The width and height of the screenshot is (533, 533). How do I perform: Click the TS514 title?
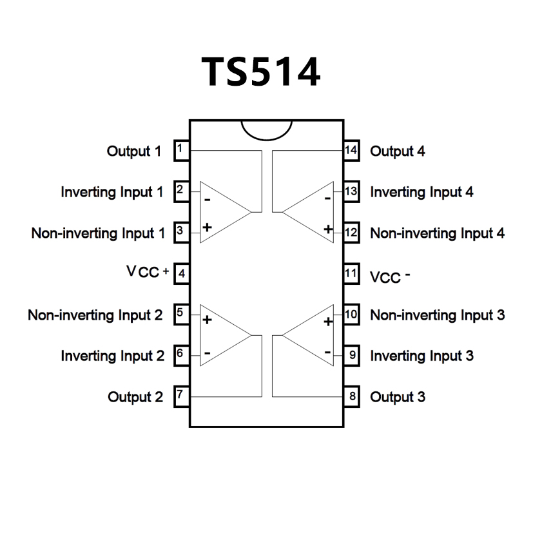point(261,72)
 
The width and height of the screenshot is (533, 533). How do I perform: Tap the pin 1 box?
point(181,150)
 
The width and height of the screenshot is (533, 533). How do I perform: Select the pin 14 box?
point(351,151)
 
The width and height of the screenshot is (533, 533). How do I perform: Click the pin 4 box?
point(181,273)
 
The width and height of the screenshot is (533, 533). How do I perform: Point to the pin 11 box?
point(351,273)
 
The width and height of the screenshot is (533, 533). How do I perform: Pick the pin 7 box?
point(181,396)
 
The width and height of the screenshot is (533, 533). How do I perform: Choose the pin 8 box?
point(351,396)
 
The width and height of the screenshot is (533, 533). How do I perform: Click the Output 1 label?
point(133,151)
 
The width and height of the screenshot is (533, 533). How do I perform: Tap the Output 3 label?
point(397,397)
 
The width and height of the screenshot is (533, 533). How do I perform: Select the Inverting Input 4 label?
point(422,192)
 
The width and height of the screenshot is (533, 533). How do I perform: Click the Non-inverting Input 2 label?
point(95,315)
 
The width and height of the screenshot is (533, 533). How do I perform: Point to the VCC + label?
point(148,272)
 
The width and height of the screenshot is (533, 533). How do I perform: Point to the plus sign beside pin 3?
point(208,227)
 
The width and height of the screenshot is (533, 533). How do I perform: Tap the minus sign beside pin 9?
point(327,353)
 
